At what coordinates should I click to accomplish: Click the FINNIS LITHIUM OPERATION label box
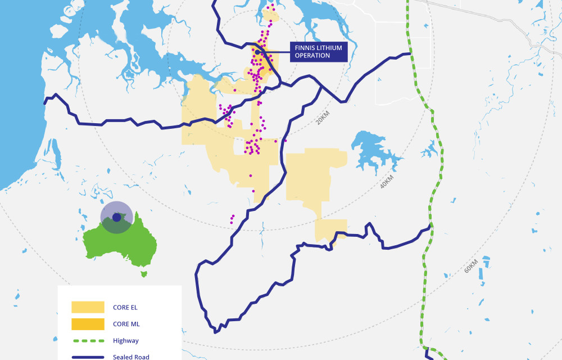click(x=318, y=52)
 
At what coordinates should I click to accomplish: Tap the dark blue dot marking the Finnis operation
click(x=257, y=52)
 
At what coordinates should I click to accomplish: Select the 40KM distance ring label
click(x=387, y=181)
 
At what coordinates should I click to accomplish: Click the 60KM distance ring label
click(x=471, y=266)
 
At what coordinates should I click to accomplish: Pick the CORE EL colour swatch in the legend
click(x=88, y=307)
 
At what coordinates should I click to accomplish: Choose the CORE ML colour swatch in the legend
click(x=88, y=324)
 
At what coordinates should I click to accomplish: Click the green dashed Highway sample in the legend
click(x=88, y=341)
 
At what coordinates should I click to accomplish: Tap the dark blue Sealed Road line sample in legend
click(x=88, y=357)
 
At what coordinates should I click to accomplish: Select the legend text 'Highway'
click(x=125, y=341)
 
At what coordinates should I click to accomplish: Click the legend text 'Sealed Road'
click(x=131, y=357)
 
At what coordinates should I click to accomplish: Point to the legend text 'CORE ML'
click(x=126, y=324)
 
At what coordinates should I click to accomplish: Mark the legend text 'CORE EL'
click(x=125, y=307)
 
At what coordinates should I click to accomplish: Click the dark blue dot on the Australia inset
click(x=116, y=217)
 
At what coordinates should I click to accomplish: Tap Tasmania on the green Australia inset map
click(x=144, y=274)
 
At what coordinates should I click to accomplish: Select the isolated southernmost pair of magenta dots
click(x=232, y=218)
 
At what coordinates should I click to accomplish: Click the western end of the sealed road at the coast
click(x=46, y=103)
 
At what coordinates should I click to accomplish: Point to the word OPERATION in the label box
click(x=312, y=56)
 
